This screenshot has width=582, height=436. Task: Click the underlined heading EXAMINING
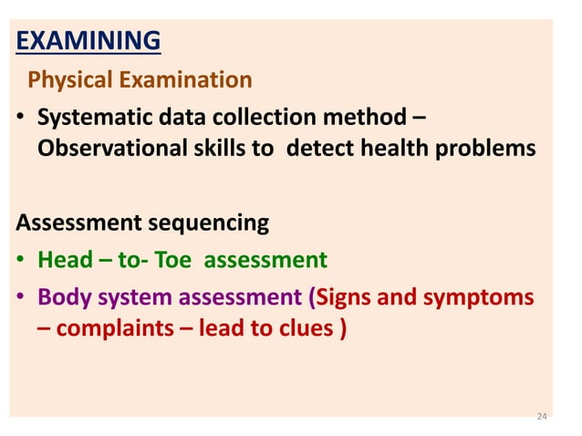pos(89,41)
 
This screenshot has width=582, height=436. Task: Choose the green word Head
pos(65,261)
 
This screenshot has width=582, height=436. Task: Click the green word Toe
pos(172,261)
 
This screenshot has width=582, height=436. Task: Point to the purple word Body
pos(64,297)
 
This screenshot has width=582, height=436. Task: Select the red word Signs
pos(346,297)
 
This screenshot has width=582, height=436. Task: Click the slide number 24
pos(541,417)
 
